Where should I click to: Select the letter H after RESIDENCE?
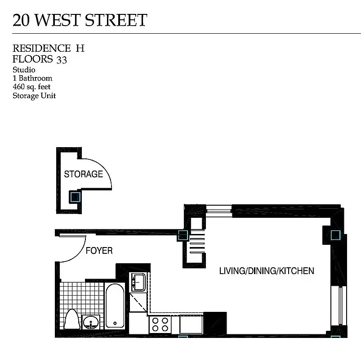coord(80,48)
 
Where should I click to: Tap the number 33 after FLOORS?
coord(62,59)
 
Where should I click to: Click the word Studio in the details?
coord(24,70)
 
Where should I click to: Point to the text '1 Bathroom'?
coord(32,78)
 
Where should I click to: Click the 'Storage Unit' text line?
coord(34,95)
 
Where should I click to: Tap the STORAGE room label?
coord(83,174)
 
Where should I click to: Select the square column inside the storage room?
coord(75,197)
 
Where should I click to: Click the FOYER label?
coord(99,251)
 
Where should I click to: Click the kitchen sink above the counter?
coord(138,282)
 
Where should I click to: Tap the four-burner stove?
coord(160,324)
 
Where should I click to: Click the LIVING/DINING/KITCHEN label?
coord(266,271)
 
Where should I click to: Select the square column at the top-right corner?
coord(335,234)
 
